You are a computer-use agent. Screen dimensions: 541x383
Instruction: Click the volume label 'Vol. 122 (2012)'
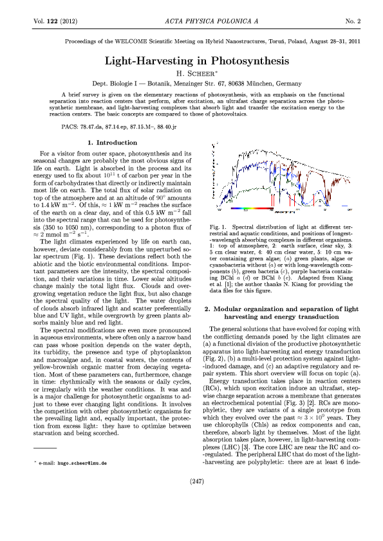click(55, 22)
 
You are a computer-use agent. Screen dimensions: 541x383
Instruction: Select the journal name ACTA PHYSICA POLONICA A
click(191, 22)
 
